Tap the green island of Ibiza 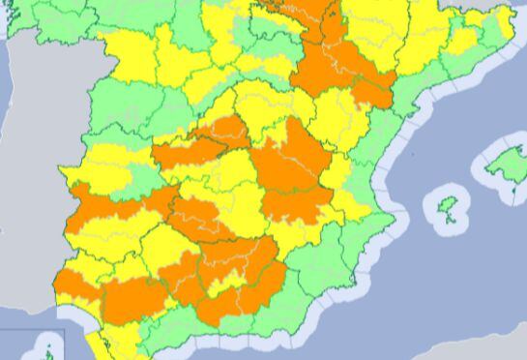pyautogui.click(x=448, y=207)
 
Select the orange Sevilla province pyautogui.click(x=135, y=295)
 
